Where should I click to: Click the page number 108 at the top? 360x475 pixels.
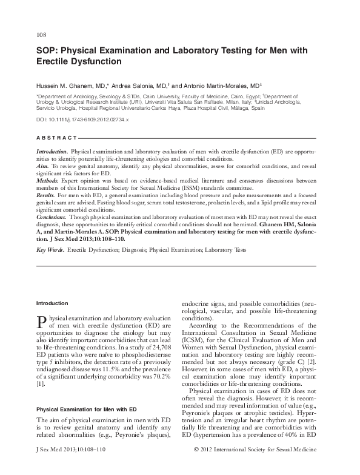[42, 35]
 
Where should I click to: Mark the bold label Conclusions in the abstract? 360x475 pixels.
[52, 215]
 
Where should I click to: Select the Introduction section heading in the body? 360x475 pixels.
[52, 303]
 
